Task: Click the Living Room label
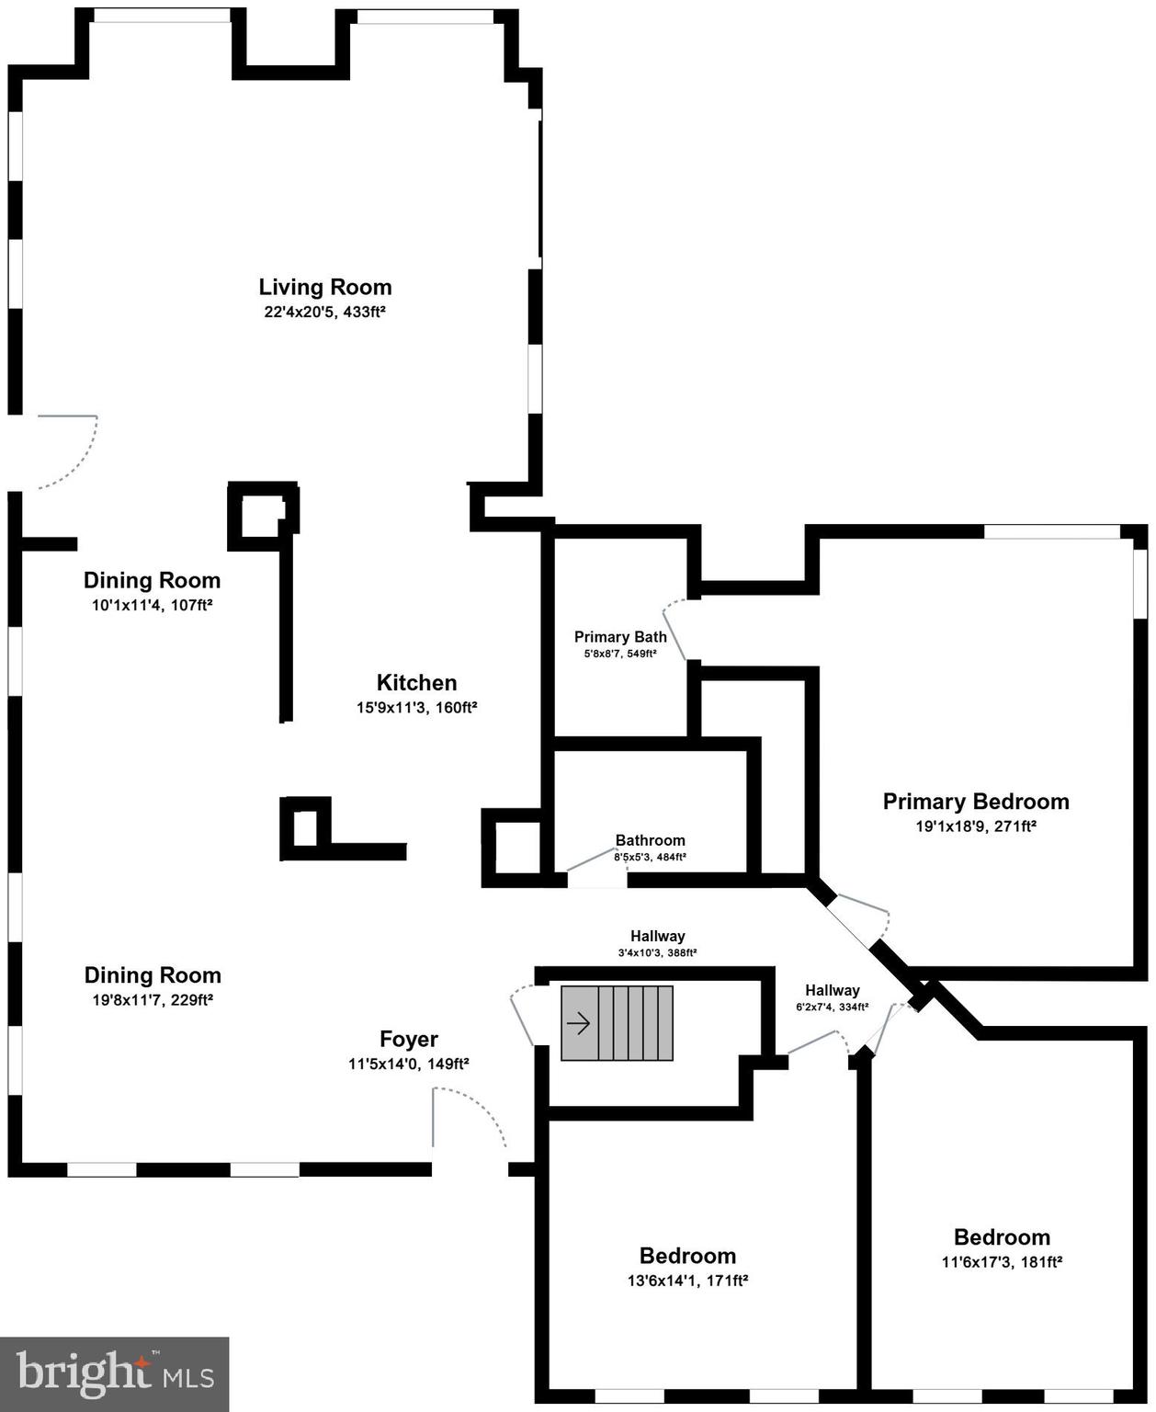[324, 287]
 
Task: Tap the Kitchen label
[416, 682]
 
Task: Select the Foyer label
[409, 1039]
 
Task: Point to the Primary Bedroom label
[976, 801]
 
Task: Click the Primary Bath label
[620, 636]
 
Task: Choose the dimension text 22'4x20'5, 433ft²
[324, 312]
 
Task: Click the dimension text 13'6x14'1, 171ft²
[687, 1281]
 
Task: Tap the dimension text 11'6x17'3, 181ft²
[1002, 1262]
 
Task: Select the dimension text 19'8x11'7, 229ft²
[153, 1000]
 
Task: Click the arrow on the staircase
[579, 1022]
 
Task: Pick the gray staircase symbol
[618, 1023]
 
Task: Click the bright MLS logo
[114, 1374]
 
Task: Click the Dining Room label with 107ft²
[153, 580]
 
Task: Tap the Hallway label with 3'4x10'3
[657, 936]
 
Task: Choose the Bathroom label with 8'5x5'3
[650, 840]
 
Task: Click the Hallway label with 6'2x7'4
[832, 990]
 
